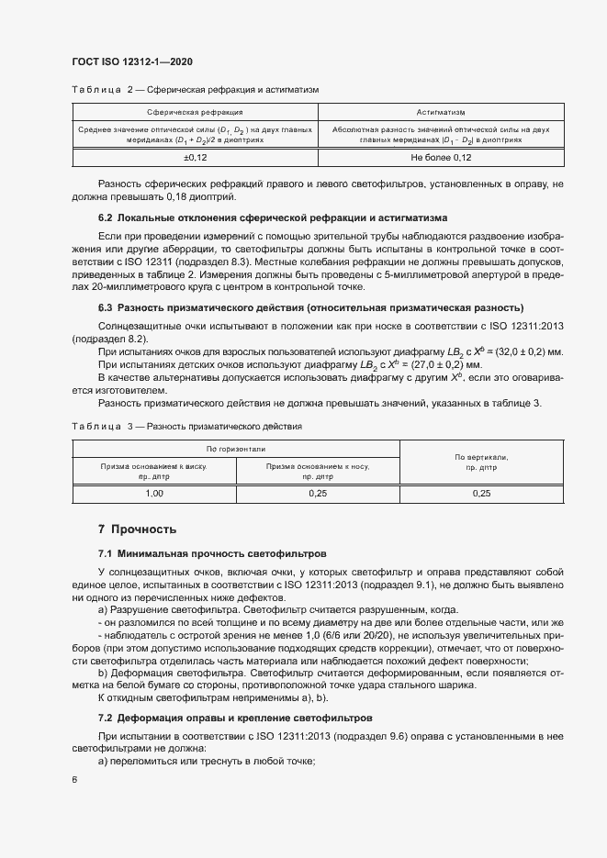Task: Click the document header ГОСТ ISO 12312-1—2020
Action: [x=131, y=61]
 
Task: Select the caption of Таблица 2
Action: [x=195, y=91]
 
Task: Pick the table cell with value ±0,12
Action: [x=195, y=158]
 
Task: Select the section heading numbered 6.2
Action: [x=273, y=218]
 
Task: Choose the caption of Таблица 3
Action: [x=185, y=427]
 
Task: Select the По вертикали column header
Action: [x=481, y=461]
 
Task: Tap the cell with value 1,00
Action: [x=154, y=493]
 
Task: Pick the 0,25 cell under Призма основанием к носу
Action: [x=318, y=493]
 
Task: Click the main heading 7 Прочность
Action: [x=137, y=529]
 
